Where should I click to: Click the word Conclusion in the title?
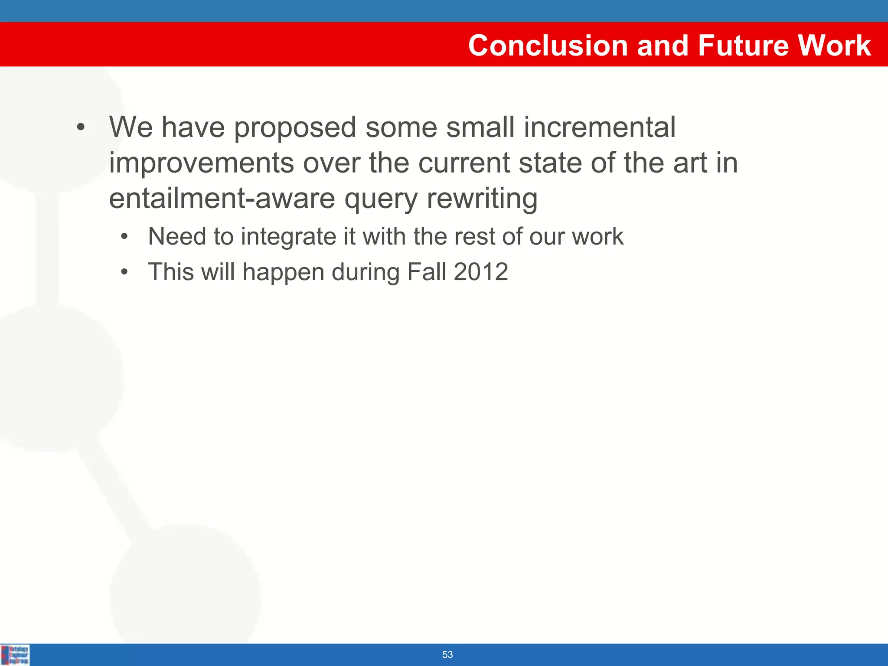548,46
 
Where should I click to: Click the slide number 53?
447,654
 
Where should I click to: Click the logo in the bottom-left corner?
15,655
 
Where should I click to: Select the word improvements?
201,164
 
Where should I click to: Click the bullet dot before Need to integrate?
125,237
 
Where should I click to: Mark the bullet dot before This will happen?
125,272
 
